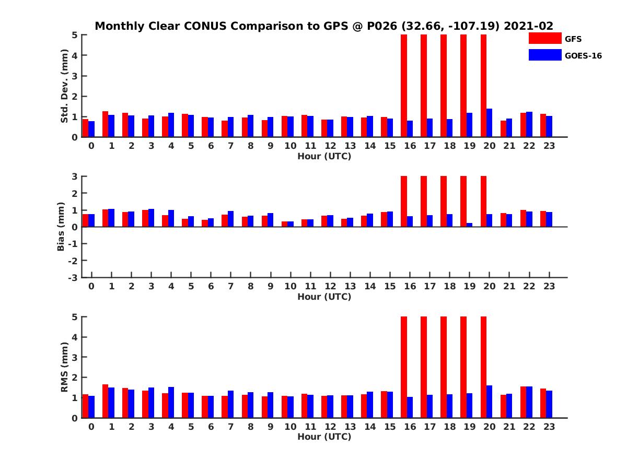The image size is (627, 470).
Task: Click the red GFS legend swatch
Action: (x=545, y=38)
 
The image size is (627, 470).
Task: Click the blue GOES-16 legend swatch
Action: (x=545, y=55)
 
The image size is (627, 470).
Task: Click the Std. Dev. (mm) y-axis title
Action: (x=64, y=86)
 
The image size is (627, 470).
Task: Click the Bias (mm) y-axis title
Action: (x=61, y=227)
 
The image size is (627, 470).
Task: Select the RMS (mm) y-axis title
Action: (x=64, y=367)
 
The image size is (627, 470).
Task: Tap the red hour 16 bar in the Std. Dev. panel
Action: (x=404, y=86)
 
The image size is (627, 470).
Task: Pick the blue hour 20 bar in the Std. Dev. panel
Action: (x=490, y=123)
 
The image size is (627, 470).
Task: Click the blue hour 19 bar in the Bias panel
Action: (x=470, y=225)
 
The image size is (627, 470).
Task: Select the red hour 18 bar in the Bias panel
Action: (x=444, y=202)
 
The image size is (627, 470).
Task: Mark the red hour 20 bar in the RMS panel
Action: (x=483, y=367)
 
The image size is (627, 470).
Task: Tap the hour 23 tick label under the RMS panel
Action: (x=549, y=427)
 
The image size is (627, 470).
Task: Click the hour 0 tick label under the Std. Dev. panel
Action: (x=91, y=146)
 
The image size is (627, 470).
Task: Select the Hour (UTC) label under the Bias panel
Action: (x=324, y=297)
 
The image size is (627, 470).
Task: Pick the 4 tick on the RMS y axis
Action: (x=75, y=337)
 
